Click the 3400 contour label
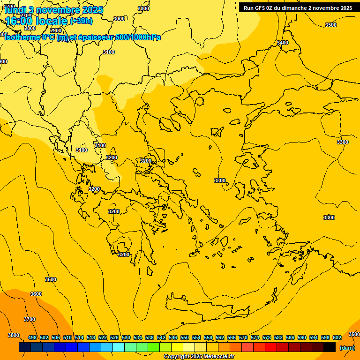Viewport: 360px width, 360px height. [x=283, y=43]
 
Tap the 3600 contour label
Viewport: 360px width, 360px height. [x=36, y=294]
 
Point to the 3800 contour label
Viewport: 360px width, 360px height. [x=14, y=335]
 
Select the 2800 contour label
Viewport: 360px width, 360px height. [x=30, y=28]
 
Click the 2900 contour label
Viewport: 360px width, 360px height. [x=55, y=30]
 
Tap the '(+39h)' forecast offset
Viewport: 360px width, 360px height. [x=81, y=21]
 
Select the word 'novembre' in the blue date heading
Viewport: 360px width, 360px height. [x=60, y=9]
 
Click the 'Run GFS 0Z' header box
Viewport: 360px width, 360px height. [x=298, y=8]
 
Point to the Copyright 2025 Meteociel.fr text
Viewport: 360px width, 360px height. [x=199, y=357]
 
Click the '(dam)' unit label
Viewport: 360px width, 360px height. [x=347, y=347]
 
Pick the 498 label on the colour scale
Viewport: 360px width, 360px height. [x=32, y=337]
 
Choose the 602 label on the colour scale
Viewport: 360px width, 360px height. [x=337, y=337]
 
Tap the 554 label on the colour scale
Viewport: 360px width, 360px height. [x=196, y=337]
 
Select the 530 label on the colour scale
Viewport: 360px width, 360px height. [x=126, y=337]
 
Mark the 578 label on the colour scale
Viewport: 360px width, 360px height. [x=267, y=337]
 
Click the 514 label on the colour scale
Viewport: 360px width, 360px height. [x=79, y=337]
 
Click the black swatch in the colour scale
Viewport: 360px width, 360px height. [x=330, y=347]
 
